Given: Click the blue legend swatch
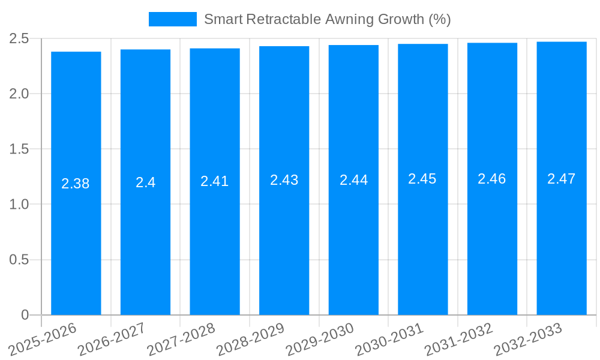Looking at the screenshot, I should click(173, 19).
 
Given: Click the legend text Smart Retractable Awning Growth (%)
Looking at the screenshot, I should click(327, 19).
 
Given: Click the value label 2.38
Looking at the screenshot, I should click(76, 184).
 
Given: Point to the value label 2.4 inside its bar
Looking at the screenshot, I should click(145, 182).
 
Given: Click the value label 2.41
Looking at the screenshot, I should click(215, 181).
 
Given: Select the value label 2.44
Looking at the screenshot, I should click(354, 180).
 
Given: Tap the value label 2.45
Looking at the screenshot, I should click(422, 179).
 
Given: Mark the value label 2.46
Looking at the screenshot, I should click(492, 178).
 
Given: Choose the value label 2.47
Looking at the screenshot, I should click(562, 178).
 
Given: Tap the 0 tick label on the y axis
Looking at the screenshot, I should click(25, 315).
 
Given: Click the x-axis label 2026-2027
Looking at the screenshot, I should click(112, 339).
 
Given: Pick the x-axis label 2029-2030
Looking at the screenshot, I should click(320, 339).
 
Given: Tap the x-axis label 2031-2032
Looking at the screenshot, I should click(458, 339).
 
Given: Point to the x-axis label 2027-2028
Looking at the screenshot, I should click(181, 339).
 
